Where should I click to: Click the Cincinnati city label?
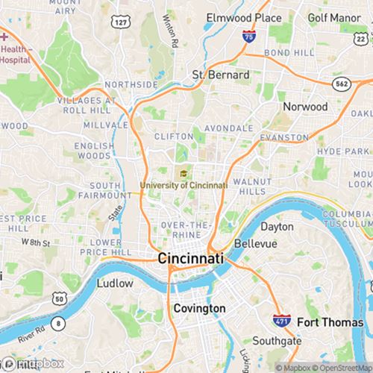(190, 258)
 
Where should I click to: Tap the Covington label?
(199, 308)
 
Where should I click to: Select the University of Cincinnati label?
(183, 184)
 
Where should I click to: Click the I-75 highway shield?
(246, 36)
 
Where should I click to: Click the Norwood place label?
(305, 107)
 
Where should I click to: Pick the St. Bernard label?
(221, 75)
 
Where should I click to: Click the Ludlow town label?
(115, 283)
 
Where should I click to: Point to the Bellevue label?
(255, 244)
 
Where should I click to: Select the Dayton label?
(277, 226)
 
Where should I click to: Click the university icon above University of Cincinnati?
(182, 174)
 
